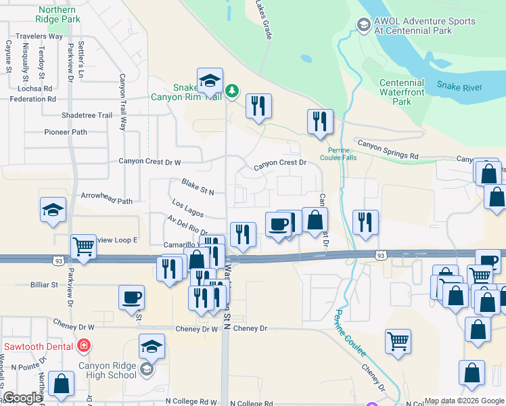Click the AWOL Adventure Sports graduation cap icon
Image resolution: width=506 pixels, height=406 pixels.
click(x=364, y=26)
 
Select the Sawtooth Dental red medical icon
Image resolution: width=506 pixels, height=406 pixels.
click(x=83, y=346)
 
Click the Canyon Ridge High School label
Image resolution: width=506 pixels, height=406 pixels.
click(x=107, y=371)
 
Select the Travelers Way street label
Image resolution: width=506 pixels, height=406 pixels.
click(x=39, y=36)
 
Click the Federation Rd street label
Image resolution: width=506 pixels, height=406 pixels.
click(x=32, y=99)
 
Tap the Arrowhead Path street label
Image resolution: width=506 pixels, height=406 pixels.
click(x=107, y=201)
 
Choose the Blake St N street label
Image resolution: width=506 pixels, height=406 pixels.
click(x=198, y=187)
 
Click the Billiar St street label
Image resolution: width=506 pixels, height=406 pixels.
click(x=45, y=285)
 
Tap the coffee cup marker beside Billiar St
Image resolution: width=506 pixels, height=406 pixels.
click(x=131, y=296)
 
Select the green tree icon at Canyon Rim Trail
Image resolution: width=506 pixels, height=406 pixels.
click(x=232, y=90)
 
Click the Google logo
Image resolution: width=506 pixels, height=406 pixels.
click(x=22, y=398)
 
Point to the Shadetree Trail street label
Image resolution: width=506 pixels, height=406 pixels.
click(x=87, y=115)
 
